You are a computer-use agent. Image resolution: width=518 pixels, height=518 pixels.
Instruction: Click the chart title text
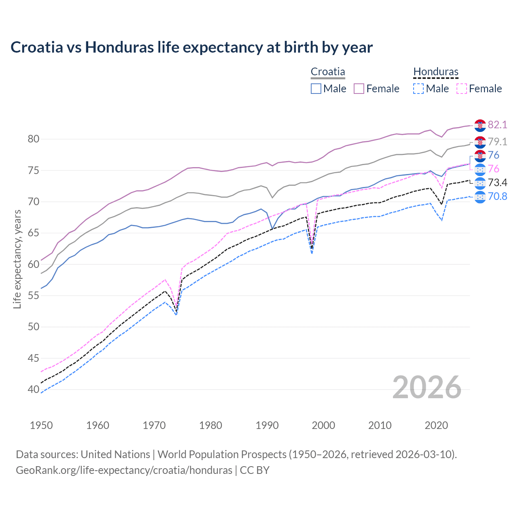pyautogui.click(x=191, y=47)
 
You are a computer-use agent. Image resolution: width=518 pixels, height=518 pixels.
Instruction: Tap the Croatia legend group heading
pyautogui.click(x=328, y=72)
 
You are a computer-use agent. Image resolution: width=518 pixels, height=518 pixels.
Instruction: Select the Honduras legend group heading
pyautogui.click(x=435, y=72)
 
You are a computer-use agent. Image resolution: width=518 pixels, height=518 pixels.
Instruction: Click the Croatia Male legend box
pyautogui.click(x=316, y=89)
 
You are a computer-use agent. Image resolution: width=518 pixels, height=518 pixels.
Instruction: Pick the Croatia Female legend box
pyautogui.click(x=359, y=89)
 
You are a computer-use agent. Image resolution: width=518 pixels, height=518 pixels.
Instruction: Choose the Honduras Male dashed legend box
pyautogui.click(x=418, y=89)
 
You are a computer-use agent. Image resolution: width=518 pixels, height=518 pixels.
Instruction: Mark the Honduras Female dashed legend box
pyautogui.click(x=462, y=89)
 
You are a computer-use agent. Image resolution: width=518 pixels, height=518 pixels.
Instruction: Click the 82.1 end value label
pyautogui.click(x=497, y=125)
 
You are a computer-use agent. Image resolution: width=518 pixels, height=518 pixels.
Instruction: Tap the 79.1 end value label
pyautogui.click(x=497, y=142)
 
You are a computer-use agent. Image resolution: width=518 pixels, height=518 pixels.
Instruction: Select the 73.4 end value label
pyautogui.click(x=497, y=183)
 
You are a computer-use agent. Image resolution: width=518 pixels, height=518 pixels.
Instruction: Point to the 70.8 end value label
pyautogui.click(x=497, y=197)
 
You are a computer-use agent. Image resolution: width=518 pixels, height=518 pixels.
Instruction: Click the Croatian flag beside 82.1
pyautogui.click(x=480, y=125)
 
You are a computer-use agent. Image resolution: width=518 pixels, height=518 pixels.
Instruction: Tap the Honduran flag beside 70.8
pyautogui.click(x=480, y=197)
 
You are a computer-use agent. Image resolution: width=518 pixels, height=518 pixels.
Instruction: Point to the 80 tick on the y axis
pyautogui.click(x=34, y=139)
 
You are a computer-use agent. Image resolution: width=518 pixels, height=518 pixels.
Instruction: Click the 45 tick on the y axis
pyautogui.click(x=34, y=358)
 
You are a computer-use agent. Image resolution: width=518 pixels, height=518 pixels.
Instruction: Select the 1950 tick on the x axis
pyautogui.click(x=41, y=425)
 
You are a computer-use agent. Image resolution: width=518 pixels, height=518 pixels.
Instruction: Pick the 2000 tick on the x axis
pyautogui.click(x=323, y=425)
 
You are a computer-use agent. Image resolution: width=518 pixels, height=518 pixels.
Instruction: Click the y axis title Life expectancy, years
pyautogui.click(x=17, y=259)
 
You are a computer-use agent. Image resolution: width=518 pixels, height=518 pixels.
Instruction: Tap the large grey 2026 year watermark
pyautogui.click(x=427, y=387)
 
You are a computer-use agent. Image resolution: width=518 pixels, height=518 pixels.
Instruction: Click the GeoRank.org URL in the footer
pyautogui.click(x=124, y=470)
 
